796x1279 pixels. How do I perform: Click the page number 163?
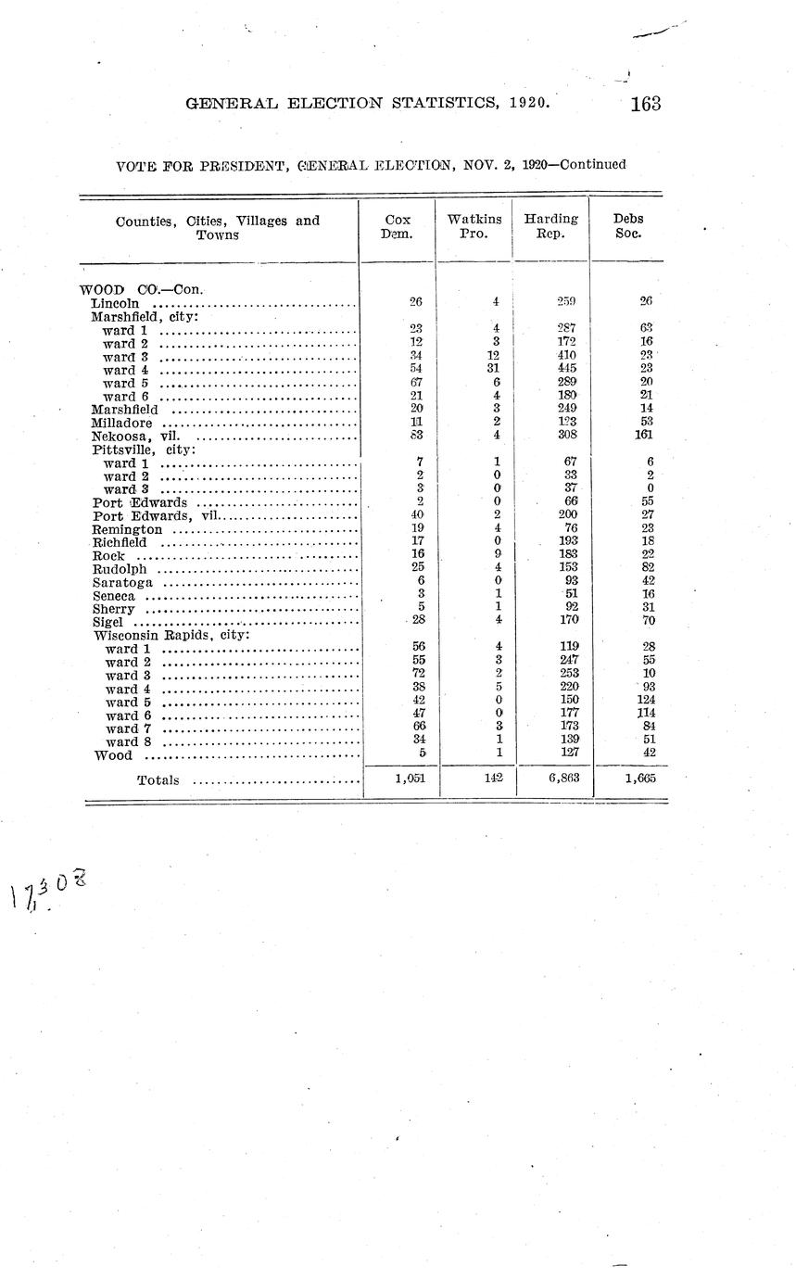click(645, 104)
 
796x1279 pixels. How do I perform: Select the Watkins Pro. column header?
click(474, 227)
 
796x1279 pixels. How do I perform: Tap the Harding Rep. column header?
click(550, 227)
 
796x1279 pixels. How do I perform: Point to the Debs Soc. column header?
click(628, 227)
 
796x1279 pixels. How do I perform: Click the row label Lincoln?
click(116, 303)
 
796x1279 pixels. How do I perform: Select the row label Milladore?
click(121, 423)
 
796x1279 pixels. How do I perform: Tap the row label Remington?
click(128, 529)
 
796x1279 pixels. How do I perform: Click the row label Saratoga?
click(122, 582)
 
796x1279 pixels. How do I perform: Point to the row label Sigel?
click(107, 622)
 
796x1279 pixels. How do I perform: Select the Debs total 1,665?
click(636, 779)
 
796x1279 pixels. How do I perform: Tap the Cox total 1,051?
click(409, 779)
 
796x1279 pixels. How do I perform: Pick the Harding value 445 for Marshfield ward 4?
click(567, 368)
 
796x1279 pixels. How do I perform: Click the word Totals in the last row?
click(158, 780)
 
